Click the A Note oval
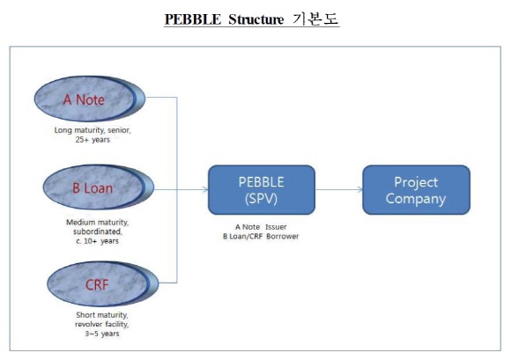[90, 99]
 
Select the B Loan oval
[99, 187]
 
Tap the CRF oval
[103, 283]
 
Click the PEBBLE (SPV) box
[262, 190]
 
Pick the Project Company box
[416, 190]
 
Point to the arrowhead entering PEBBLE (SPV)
[205, 189]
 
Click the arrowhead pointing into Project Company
[359, 189]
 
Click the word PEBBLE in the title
[193, 19]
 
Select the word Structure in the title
[255, 19]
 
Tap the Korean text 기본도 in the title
[315, 18]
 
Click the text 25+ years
[93, 140]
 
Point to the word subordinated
[98, 231]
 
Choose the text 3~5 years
[102, 334]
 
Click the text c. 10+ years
[97, 241]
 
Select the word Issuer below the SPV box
[276, 227]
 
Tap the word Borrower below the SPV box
[282, 236]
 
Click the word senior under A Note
[119, 130]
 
